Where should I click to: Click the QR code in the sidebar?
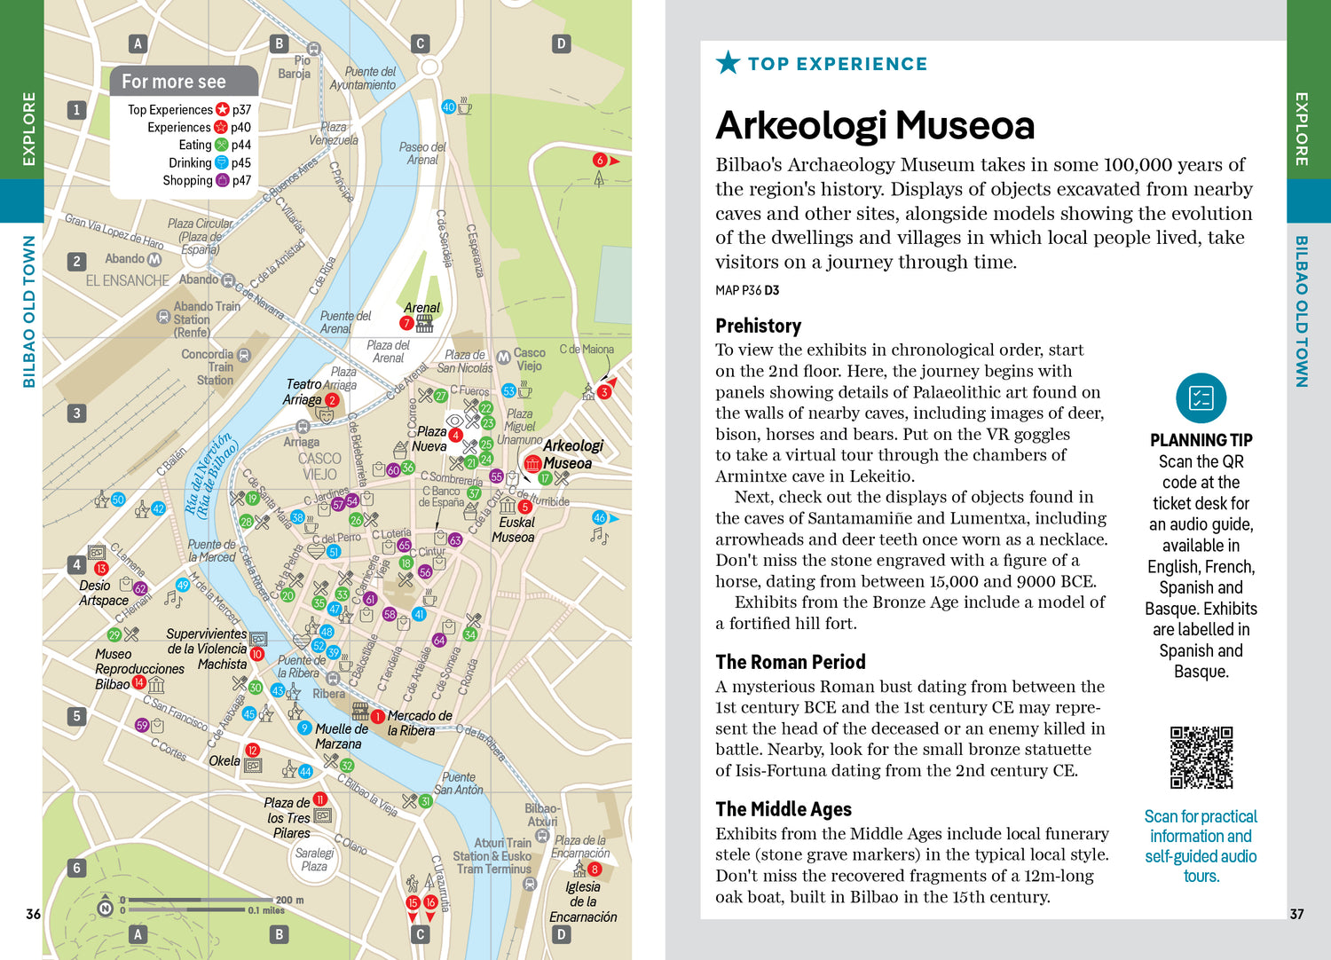click(x=1201, y=757)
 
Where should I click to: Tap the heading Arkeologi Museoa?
click(x=875, y=126)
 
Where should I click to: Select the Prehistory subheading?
click(x=758, y=326)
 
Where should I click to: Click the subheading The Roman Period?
click(x=790, y=662)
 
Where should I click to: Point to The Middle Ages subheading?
click(x=784, y=809)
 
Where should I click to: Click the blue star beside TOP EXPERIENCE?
click(x=728, y=63)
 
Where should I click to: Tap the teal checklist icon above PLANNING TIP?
click(x=1201, y=398)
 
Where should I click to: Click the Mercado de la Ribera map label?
click(x=419, y=723)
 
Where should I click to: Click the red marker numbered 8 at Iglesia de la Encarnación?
click(x=595, y=870)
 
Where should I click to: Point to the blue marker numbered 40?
click(x=448, y=106)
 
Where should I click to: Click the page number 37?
click(x=1296, y=914)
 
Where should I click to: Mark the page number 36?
click(x=33, y=914)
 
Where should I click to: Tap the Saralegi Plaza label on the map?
click(x=314, y=859)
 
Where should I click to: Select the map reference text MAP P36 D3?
click(x=747, y=290)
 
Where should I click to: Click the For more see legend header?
click(x=174, y=82)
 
